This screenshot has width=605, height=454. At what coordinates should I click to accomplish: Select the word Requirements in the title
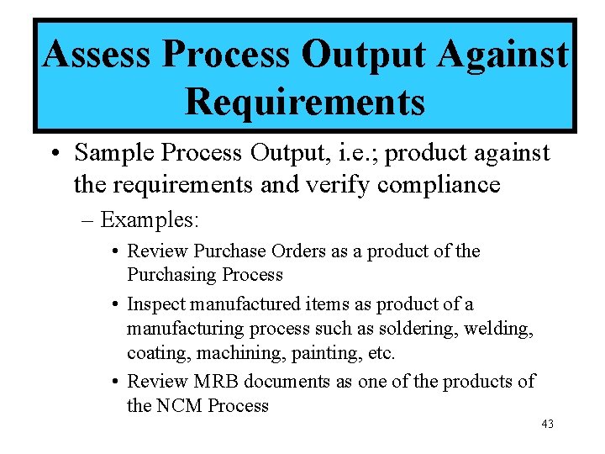coord(304,102)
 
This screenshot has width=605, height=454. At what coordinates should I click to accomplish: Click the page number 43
coord(547,425)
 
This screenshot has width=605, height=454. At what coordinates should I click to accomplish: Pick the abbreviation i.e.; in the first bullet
coord(352,153)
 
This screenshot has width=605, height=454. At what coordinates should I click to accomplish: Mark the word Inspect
coord(154,304)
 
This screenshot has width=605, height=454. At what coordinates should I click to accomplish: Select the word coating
coord(152,352)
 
